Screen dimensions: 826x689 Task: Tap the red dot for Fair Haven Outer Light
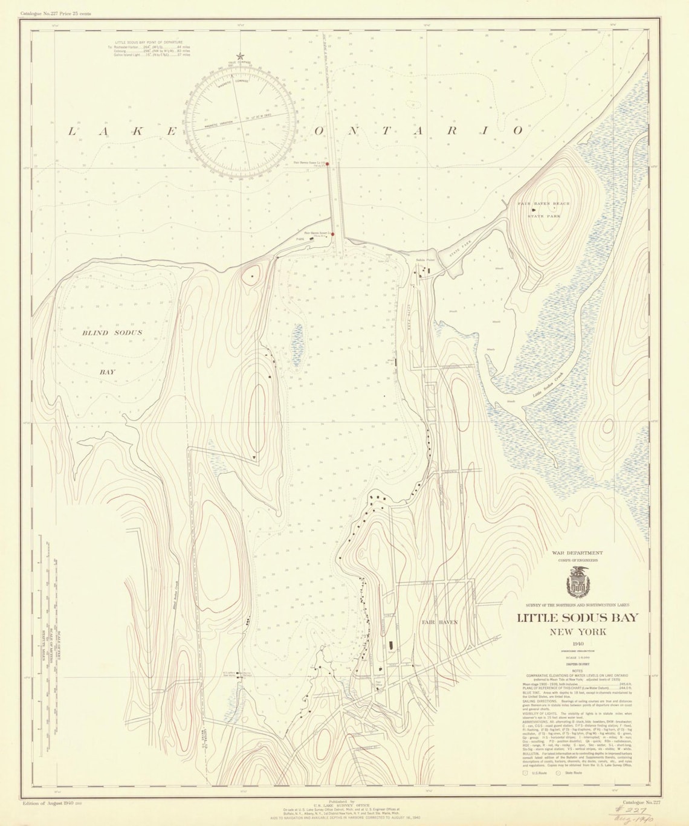tap(328, 163)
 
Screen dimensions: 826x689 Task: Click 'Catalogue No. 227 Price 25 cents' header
tap(56, 13)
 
